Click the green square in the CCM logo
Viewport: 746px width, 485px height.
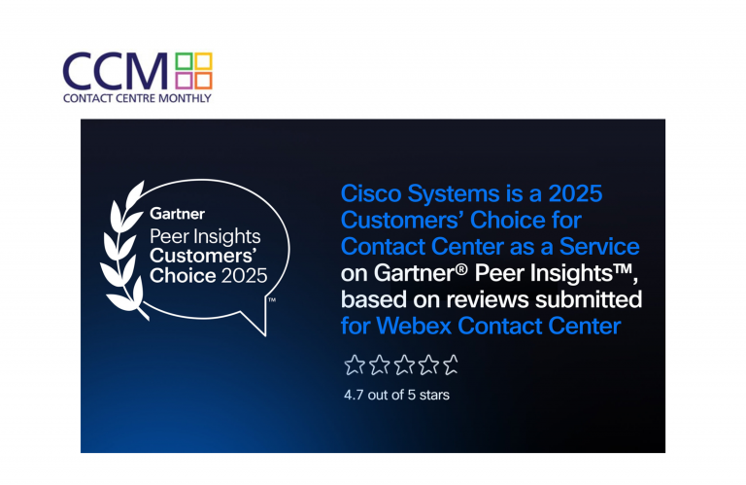(184, 61)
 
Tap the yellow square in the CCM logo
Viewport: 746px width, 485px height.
(204, 61)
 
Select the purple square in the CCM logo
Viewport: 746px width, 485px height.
(184, 81)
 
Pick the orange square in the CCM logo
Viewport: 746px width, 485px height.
(204, 81)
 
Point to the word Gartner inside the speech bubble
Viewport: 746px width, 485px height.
(177, 214)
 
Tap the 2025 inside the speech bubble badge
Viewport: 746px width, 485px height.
(244, 276)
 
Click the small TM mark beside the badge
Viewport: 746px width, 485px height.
(272, 300)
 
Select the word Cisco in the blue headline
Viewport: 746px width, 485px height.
(371, 193)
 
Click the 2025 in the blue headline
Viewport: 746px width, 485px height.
(575, 193)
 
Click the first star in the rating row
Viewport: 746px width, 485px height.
(355, 365)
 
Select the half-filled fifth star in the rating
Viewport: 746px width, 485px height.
(451, 365)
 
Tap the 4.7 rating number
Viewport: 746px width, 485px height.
(354, 395)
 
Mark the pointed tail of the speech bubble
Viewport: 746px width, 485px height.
(264, 334)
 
